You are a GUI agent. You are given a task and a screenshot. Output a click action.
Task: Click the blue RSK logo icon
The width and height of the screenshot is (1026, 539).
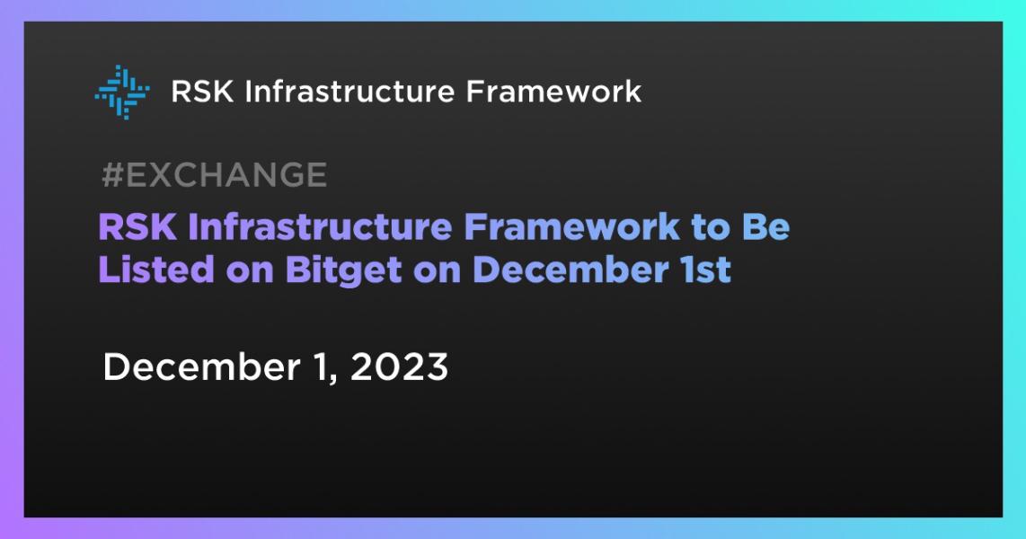pyautogui.click(x=122, y=92)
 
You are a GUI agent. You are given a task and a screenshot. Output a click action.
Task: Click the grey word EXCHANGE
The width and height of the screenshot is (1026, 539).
pyautogui.click(x=226, y=175)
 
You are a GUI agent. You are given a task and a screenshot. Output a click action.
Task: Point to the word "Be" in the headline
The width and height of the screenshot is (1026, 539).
pyautogui.click(x=765, y=228)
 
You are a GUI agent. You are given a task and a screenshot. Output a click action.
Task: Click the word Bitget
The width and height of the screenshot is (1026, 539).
pyautogui.click(x=345, y=269)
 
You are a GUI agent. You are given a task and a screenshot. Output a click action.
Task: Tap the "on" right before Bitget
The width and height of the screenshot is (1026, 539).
pyautogui.click(x=250, y=269)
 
